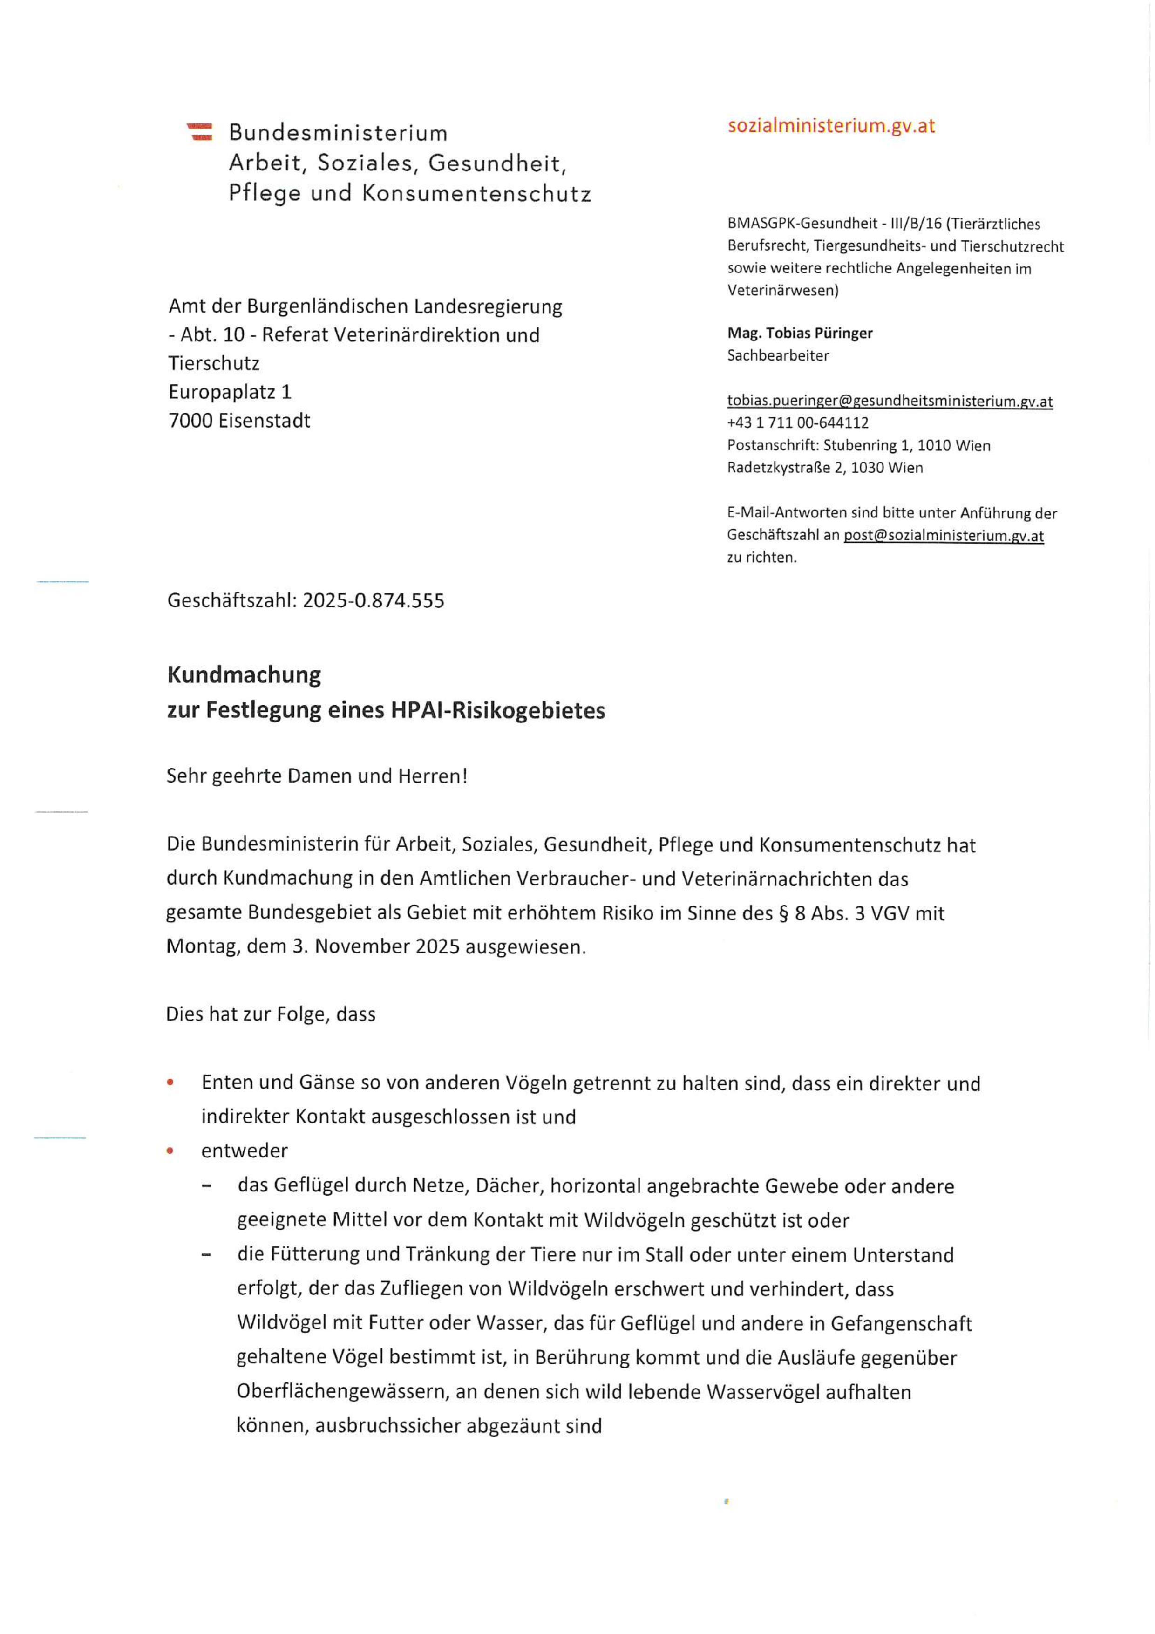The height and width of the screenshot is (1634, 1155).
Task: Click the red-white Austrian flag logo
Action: [x=200, y=132]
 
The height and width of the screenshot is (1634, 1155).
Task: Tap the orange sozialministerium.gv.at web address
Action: [x=830, y=126]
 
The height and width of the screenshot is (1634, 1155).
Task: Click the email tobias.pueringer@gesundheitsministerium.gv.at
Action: [x=890, y=402]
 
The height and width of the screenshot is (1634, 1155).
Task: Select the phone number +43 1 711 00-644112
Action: [x=798, y=423]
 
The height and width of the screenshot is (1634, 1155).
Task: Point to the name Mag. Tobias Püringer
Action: [x=799, y=333]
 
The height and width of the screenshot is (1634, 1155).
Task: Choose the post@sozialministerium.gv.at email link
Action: [x=943, y=535]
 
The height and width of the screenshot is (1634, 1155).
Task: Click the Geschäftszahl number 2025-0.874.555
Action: [x=374, y=601]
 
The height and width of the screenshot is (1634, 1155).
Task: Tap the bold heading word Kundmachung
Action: [x=244, y=674]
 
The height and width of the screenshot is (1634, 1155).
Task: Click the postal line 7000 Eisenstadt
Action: [x=239, y=421]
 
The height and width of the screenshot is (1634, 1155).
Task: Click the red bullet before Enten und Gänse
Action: [x=170, y=1083]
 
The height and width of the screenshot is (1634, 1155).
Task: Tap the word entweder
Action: [x=244, y=1151]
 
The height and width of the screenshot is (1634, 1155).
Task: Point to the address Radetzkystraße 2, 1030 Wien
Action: [x=825, y=468]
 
